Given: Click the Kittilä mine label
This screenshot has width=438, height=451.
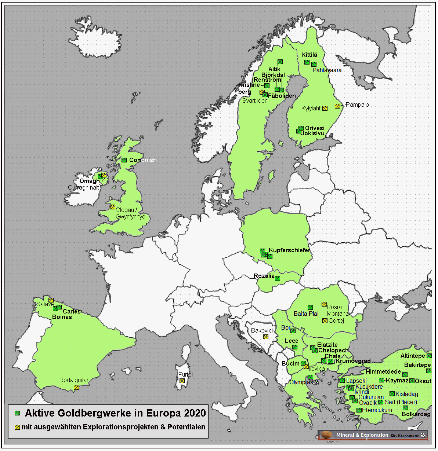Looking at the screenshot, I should [x=309, y=55].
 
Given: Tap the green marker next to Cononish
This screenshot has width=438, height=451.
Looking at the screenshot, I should [x=124, y=160].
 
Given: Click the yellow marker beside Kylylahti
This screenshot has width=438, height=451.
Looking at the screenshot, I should [x=325, y=109].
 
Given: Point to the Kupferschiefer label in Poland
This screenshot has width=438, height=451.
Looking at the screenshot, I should [x=289, y=250].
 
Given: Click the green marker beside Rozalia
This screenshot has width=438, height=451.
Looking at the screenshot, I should [x=278, y=279].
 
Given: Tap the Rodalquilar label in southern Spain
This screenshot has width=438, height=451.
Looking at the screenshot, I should [x=74, y=380].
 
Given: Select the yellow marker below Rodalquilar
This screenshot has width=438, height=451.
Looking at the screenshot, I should [x=76, y=388].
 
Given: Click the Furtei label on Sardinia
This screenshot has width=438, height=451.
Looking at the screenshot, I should [x=185, y=375].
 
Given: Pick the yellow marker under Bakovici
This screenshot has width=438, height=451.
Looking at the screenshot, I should [x=266, y=337].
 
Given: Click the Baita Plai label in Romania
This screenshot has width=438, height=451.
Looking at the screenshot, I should [x=306, y=314].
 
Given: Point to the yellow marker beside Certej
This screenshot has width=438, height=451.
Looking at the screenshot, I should [x=325, y=321].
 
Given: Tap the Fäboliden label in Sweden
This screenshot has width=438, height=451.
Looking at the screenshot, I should [x=282, y=96].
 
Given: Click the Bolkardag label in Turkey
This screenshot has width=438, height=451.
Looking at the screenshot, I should [x=416, y=414].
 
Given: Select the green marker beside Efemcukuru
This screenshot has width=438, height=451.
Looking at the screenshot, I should [x=359, y=410].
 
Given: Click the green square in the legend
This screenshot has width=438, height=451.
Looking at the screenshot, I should [x=17, y=413].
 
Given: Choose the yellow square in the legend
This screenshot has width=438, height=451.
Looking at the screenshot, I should [x=17, y=428].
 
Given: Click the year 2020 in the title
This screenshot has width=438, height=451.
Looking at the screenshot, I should [x=195, y=413].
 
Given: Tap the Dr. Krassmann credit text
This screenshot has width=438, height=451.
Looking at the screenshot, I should [x=405, y=436].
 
